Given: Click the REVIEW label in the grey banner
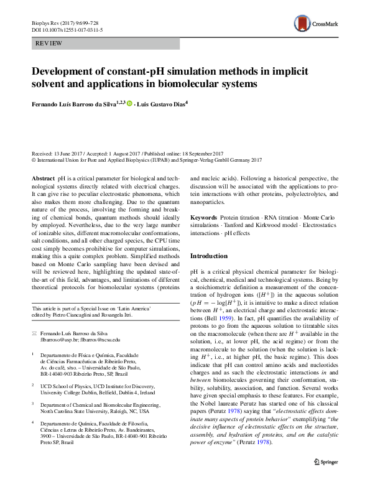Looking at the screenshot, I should coord(49,44).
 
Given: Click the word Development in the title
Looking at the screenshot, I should coord(67,71).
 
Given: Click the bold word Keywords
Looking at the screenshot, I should coord(204,217).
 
